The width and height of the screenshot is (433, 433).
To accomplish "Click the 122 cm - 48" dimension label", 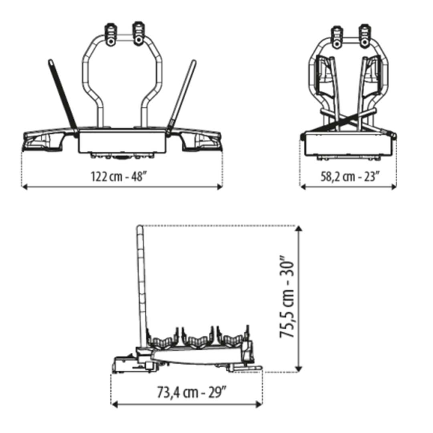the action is click(x=118, y=176).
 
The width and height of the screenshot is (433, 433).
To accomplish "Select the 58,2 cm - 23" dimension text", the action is click(x=350, y=176).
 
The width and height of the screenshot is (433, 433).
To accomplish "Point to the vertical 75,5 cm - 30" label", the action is click(x=287, y=297).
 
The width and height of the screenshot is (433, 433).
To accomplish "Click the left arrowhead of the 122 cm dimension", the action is click(x=24, y=187).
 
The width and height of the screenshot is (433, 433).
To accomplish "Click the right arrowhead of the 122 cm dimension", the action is click(x=220, y=187).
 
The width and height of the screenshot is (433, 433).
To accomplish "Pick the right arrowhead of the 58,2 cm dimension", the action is click(x=394, y=187).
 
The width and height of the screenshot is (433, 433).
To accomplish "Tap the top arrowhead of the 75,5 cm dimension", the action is click(x=299, y=229).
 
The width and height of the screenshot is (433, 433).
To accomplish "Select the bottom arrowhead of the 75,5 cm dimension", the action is click(x=299, y=369).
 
